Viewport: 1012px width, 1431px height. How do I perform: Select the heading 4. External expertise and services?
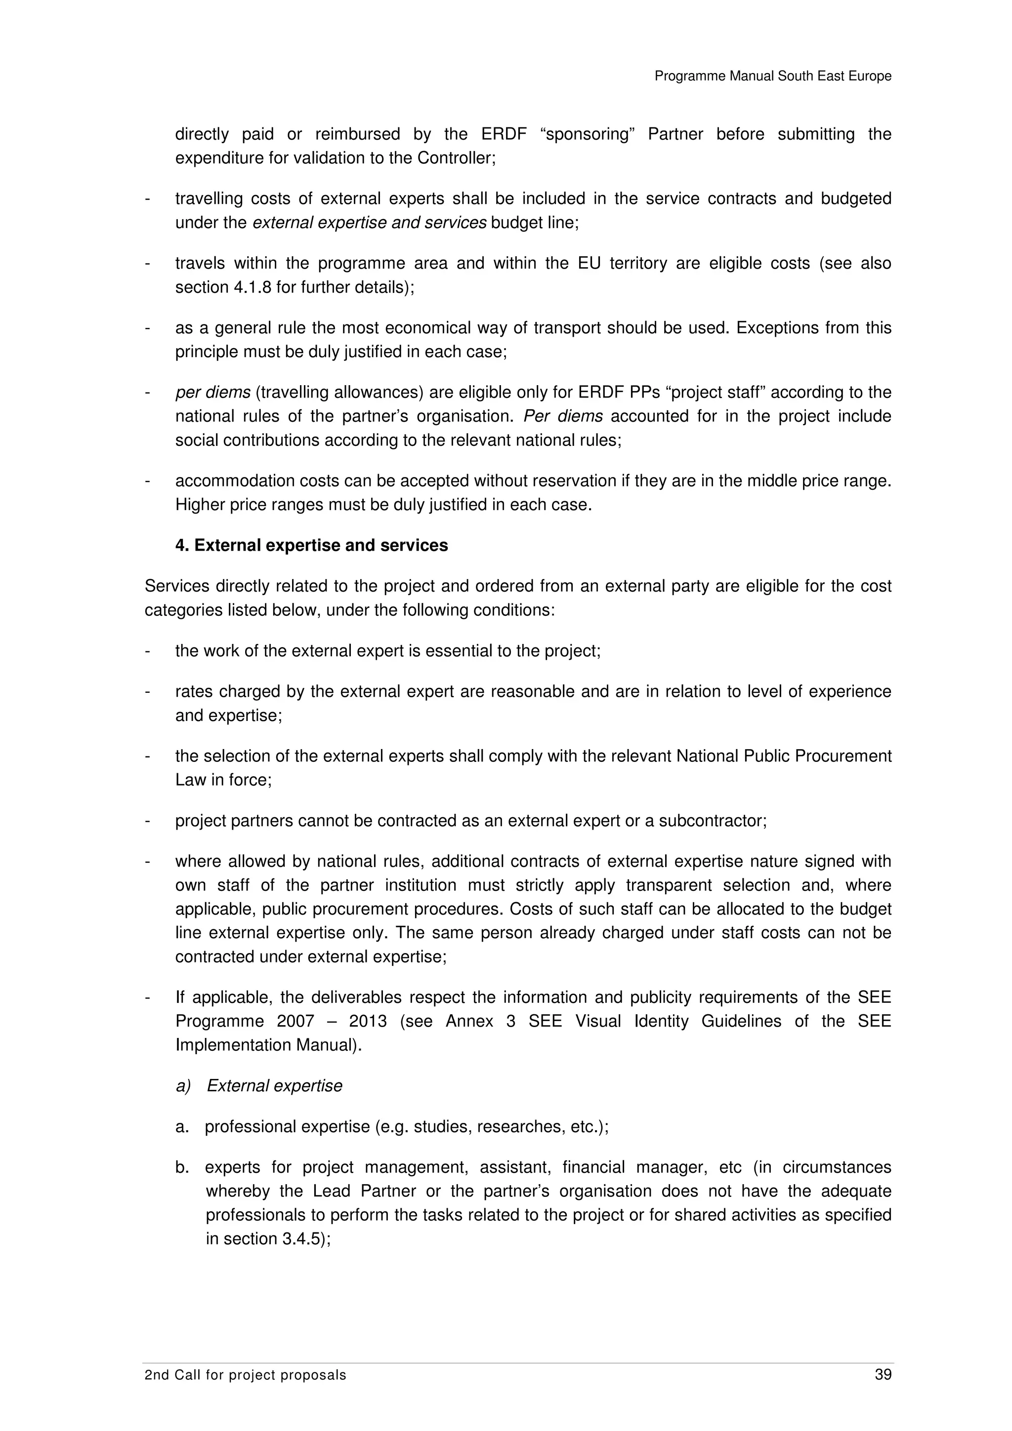[x=311, y=545]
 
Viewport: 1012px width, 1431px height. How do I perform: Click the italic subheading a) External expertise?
[x=259, y=1086]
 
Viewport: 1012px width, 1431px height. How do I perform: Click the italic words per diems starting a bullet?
[x=212, y=393]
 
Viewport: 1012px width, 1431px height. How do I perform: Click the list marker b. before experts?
[x=181, y=1167]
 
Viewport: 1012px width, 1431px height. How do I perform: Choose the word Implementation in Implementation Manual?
[x=233, y=1045]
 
